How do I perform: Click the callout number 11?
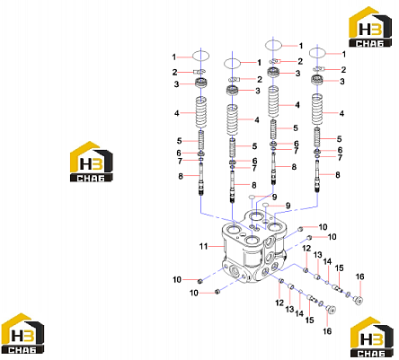203,247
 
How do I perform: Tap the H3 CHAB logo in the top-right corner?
370,27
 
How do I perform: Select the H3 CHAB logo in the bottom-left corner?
22,334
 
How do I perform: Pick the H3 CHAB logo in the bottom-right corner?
372,338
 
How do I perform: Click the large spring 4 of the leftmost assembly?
201,112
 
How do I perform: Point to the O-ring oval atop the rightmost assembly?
317,53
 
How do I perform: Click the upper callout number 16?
359,277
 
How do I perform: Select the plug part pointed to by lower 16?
331,310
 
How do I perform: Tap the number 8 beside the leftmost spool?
181,177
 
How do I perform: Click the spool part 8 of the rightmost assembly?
317,176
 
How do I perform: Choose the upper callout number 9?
274,198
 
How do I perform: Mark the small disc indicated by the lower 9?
266,205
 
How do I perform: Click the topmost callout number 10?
323,227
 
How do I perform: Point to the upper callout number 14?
327,262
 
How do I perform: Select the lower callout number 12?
279,303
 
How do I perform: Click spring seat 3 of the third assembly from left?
273,73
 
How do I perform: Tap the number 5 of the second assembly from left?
254,146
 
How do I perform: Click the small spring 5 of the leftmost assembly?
201,140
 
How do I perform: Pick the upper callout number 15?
339,268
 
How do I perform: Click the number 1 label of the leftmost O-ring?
174,57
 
